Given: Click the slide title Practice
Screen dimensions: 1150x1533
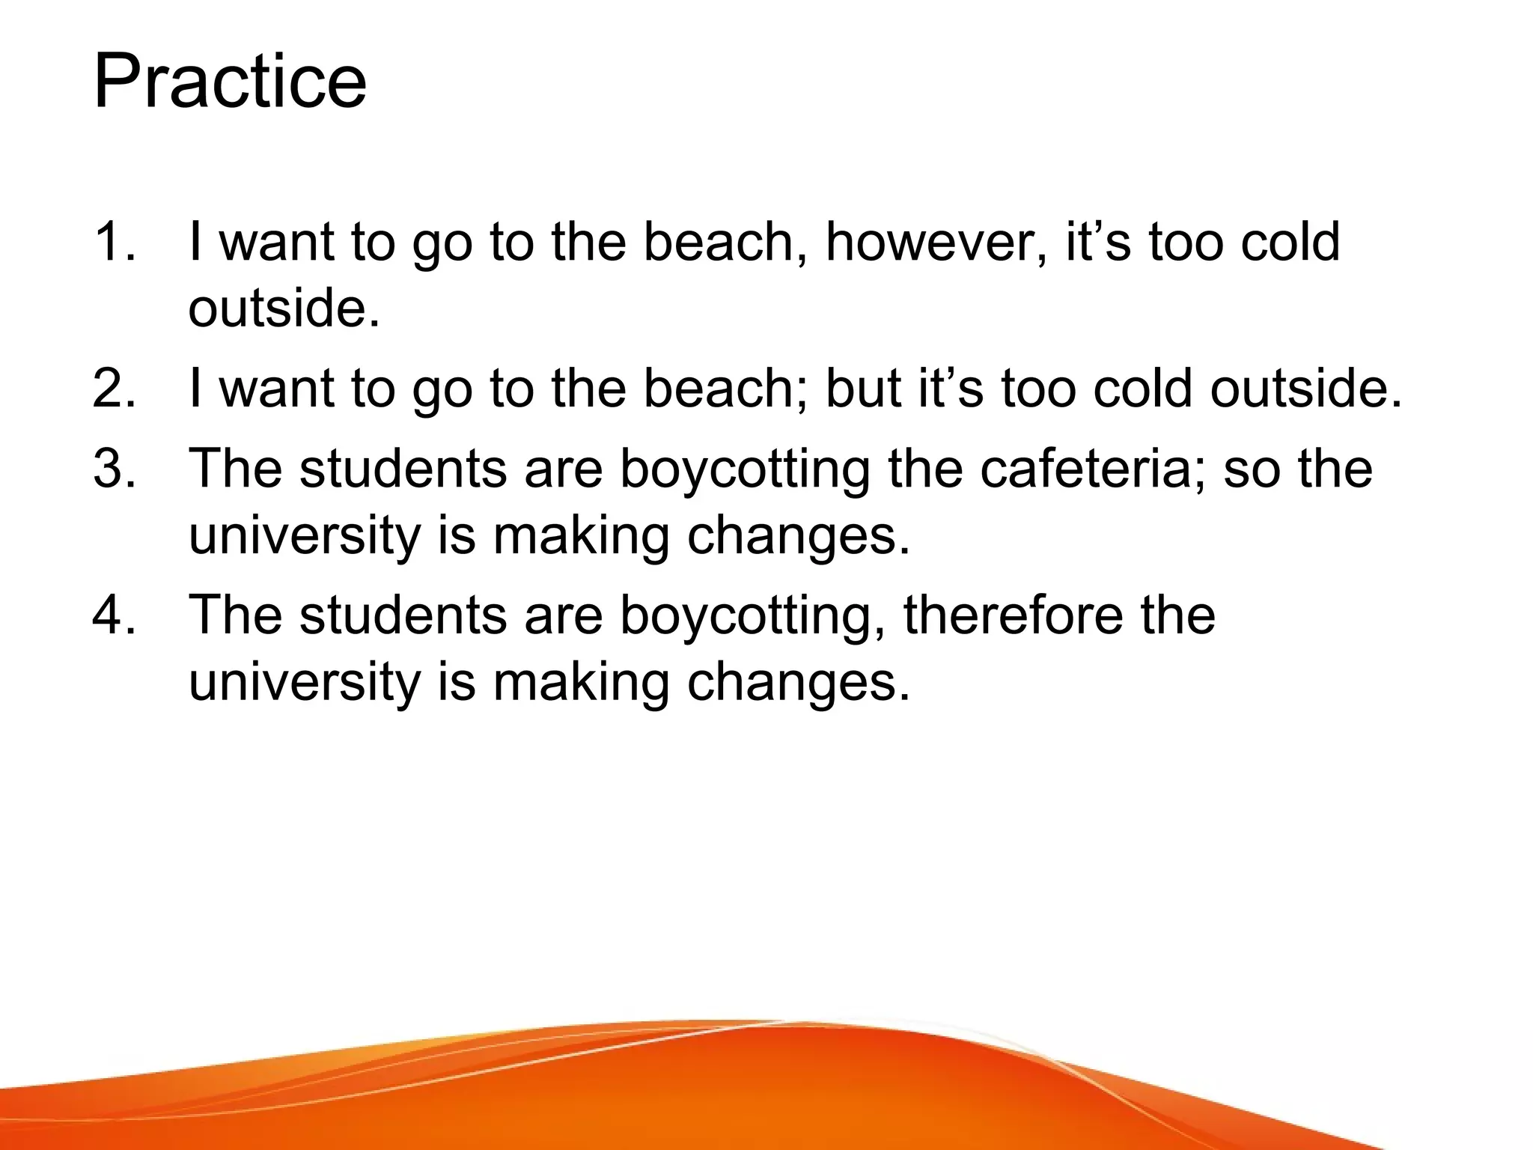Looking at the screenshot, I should (230, 82).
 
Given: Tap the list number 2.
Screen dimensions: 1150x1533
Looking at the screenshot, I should (114, 389).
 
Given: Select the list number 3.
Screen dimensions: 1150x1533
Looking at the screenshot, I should (114, 469).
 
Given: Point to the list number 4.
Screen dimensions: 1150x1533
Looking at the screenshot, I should (114, 615).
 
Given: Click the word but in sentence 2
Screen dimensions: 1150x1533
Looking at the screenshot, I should (863, 389).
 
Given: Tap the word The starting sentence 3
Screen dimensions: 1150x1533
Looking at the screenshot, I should (235, 469).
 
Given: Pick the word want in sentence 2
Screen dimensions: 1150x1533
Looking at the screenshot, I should (276, 389).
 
